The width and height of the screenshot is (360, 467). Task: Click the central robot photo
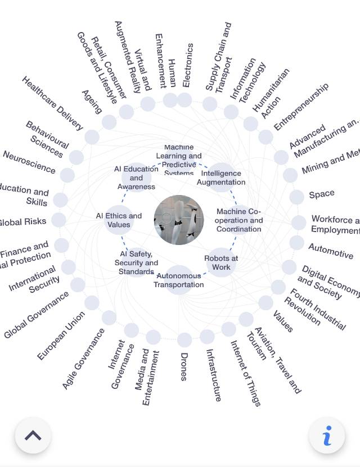tap(179, 220)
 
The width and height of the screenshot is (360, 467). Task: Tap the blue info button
tap(327, 436)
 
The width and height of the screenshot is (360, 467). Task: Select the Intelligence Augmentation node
tap(221, 178)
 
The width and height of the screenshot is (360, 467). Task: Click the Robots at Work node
tap(221, 262)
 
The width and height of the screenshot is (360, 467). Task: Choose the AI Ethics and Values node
tap(119, 220)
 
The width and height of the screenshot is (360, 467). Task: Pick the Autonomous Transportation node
tap(179, 280)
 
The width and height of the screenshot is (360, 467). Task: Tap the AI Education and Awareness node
tap(136, 178)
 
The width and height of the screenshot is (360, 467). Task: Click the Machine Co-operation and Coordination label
tap(239, 220)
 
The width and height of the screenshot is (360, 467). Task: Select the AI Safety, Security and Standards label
tap(136, 262)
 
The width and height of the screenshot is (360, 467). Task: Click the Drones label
tap(183, 366)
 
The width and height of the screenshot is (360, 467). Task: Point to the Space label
tap(322, 194)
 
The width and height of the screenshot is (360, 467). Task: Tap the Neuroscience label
tap(29, 161)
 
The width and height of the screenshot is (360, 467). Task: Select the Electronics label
tap(188, 65)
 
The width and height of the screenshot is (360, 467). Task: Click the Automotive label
tap(331, 251)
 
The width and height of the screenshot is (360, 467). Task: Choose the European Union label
tap(61, 335)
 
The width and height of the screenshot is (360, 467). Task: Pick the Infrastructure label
tap(213, 375)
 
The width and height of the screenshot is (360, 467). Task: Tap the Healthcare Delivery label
tap(52, 103)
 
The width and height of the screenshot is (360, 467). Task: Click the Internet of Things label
tap(245, 373)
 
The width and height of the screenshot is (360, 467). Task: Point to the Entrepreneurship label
tap(301, 106)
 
